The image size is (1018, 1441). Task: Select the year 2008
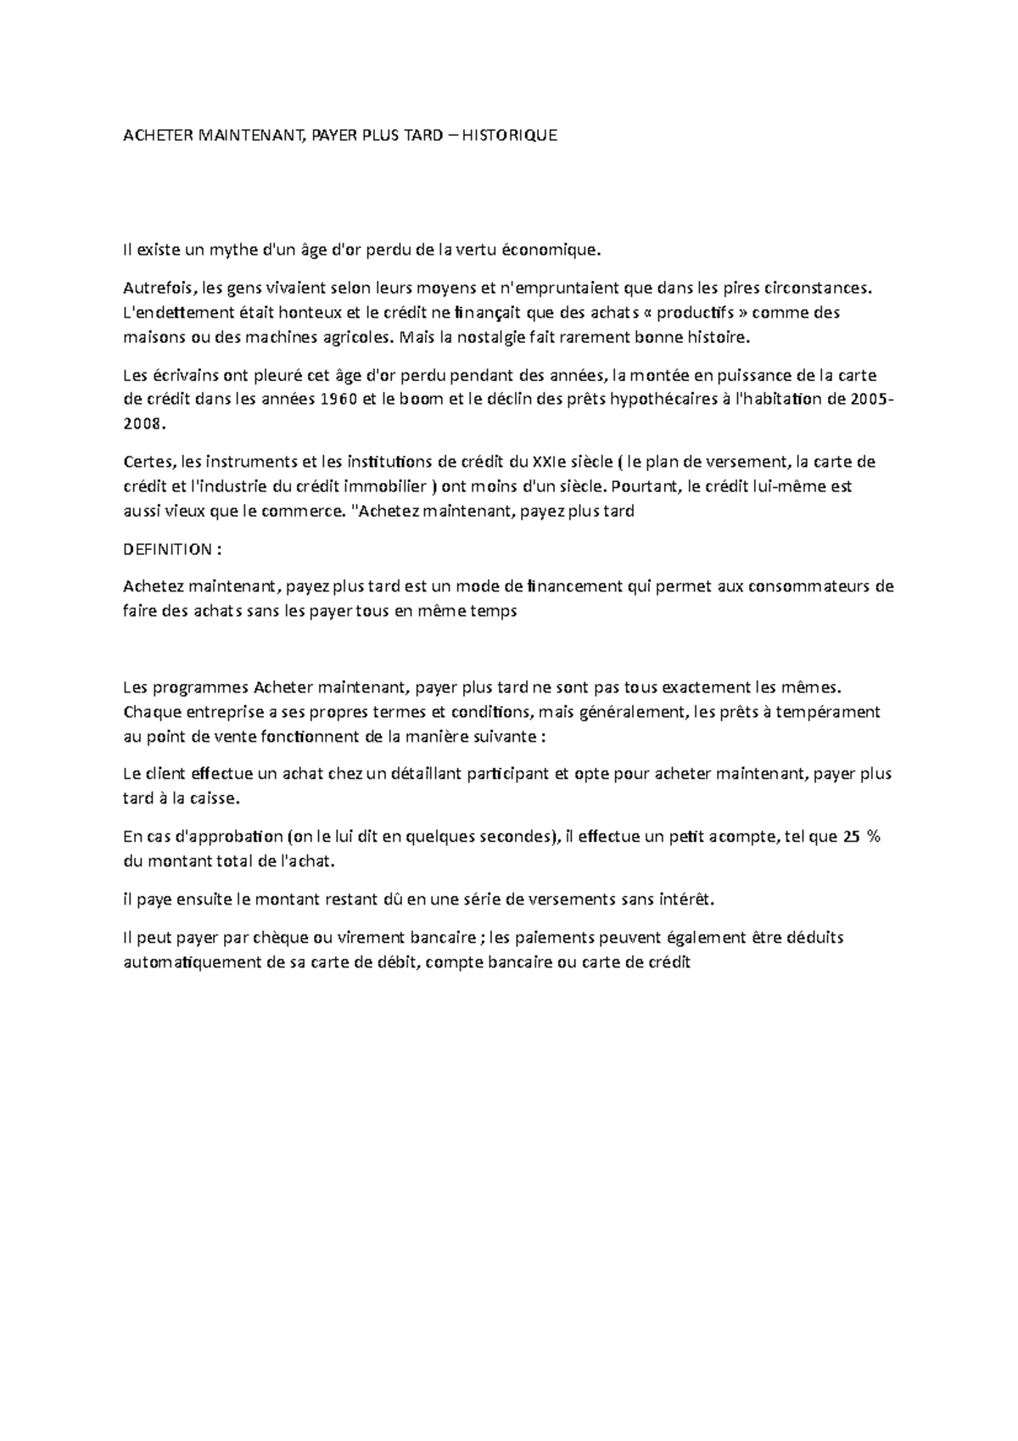click(x=140, y=425)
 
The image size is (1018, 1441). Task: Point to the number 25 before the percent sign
click(x=851, y=837)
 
